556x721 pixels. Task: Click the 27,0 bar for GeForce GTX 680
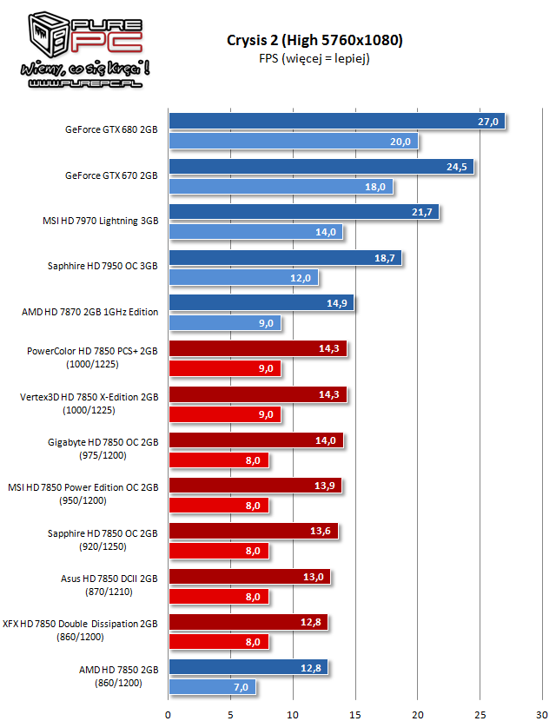point(336,121)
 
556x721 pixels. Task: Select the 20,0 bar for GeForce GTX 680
point(293,141)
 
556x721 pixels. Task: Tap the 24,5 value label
point(458,167)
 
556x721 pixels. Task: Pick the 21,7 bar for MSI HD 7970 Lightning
point(303,212)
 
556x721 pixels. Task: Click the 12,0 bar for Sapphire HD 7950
point(243,278)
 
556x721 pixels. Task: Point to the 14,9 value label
point(338,303)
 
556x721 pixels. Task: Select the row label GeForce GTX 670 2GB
point(111,175)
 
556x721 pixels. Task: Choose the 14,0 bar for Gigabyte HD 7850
point(255,440)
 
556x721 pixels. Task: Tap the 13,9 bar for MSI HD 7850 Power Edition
point(255,486)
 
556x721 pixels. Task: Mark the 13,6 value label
point(322,531)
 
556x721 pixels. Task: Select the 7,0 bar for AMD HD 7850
point(212,687)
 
